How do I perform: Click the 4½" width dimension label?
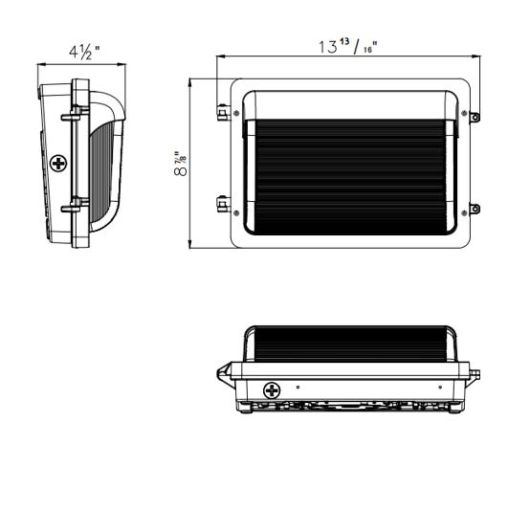[x=82, y=50]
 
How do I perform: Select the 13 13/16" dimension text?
[x=346, y=46]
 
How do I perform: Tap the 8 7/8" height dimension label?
[x=180, y=164]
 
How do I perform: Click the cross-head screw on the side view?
[x=60, y=164]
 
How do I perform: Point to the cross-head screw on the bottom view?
[x=272, y=390]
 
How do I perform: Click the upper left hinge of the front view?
[x=223, y=114]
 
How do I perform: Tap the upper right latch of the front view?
[x=475, y=117]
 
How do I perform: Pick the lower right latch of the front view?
[x=475, y=208]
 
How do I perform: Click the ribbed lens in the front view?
[x=350, y=170]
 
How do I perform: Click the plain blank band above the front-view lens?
[x=350, y=105]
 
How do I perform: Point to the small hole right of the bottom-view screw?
[x=298, y=388]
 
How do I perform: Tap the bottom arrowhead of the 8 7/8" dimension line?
[x=190, y=245]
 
